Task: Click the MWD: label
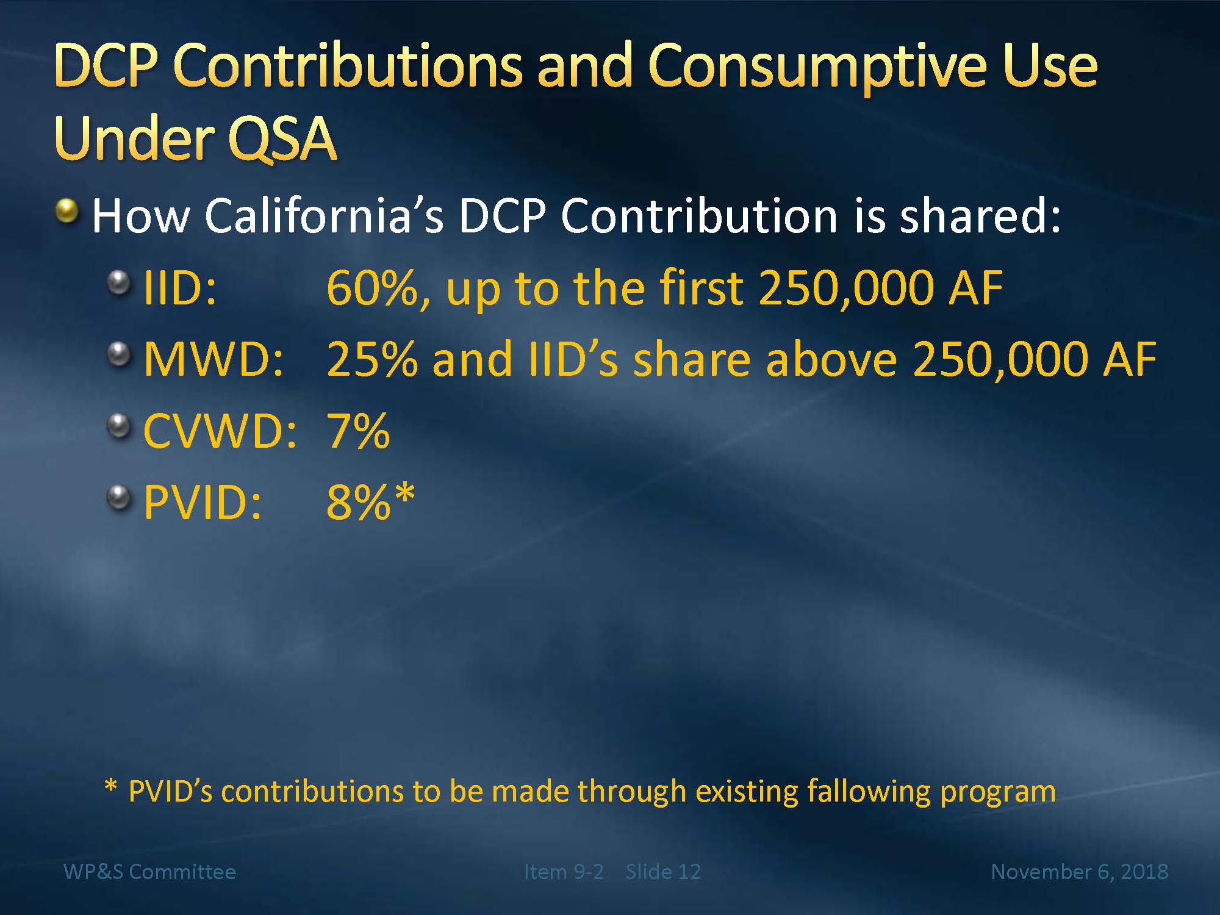[x=214, y=359]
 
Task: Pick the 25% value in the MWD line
[x=372, y=359]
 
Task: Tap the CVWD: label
[x=220, y=431]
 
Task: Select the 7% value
[x=359, y=431]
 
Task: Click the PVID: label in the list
[x=203, y=503]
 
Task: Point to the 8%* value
[x=371, y=501]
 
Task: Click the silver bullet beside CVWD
[x=119, y=426]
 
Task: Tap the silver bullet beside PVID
[x=119, y=498]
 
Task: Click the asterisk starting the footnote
[x=110, y=786]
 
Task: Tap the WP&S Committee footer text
[x=149, y=872]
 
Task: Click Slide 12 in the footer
[x=663, y=872]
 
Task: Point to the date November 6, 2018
[x=1080, y=872]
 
